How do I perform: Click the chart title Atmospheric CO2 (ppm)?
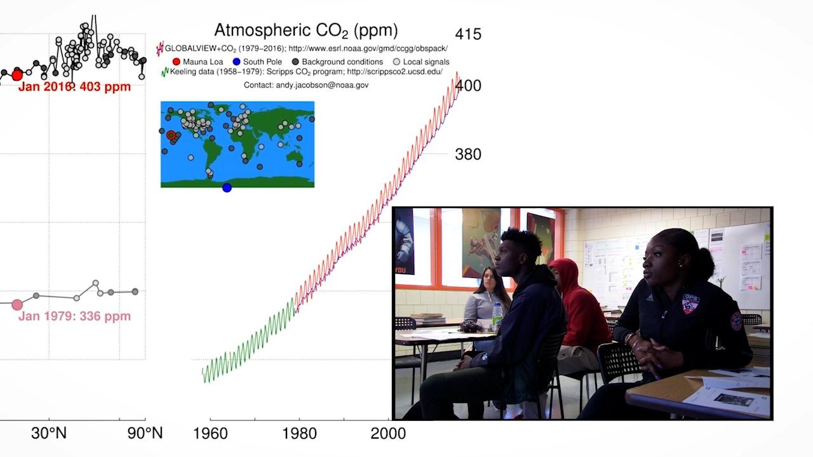point(306,30)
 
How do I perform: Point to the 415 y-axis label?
point(468,34)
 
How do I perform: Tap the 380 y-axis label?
point(468,154)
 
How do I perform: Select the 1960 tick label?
point(210,434)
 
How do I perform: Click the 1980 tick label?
point(299,434)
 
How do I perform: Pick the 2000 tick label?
point(388,434)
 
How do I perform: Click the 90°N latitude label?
point(145,434)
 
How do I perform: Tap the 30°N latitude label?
point(49,434)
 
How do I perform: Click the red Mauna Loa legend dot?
point(177,62)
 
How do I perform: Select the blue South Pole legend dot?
point(236,62)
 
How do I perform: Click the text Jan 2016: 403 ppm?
point(74,87)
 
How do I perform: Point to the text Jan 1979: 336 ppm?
point(74,316)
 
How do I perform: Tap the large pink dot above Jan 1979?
point(17,305)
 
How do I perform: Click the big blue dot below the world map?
point(227,187)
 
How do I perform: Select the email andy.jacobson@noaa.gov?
point(306,85)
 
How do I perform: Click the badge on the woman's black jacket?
point(690,303)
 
